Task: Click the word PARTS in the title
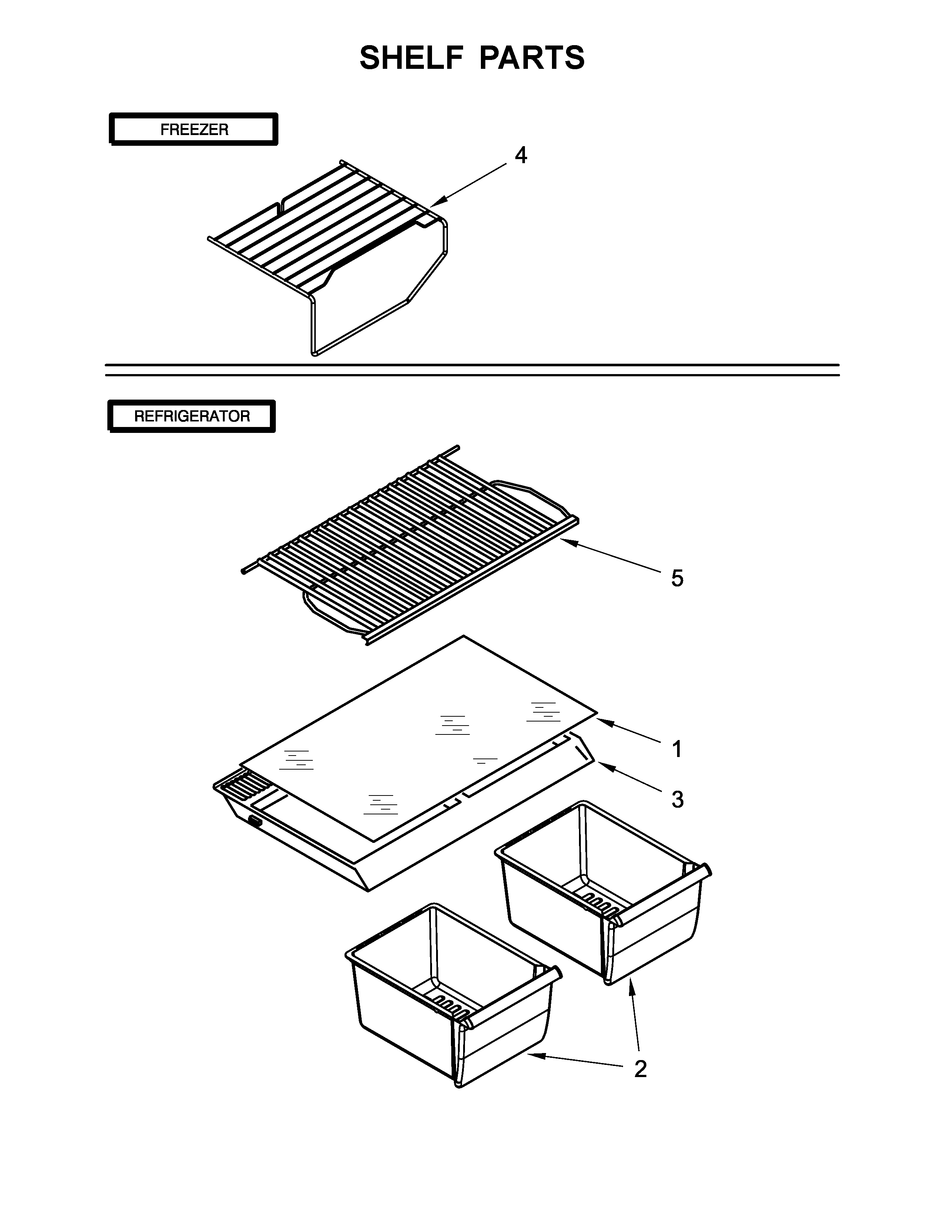(x=531, y=58)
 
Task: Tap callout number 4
(x=520, y=155)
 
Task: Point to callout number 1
(x=677, y=749)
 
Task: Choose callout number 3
(x=677, y=800)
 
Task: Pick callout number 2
(x=640, y=1069)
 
